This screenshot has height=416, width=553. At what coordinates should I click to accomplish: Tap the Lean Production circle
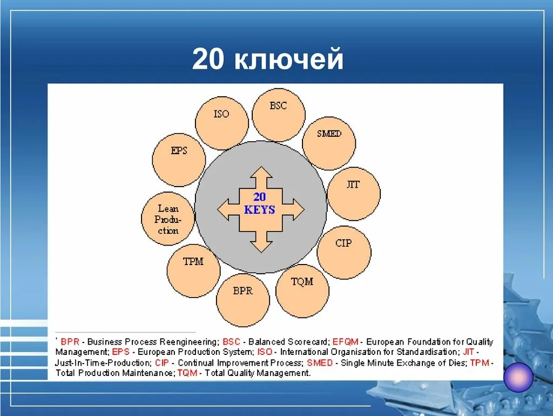pyautogui.click(x=168, y=219)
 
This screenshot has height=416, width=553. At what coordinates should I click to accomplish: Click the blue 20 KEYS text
pyautogui.click(x=260, y=203)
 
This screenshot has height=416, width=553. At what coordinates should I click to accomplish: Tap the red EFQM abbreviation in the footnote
pyautogui.click(x=345, y=342)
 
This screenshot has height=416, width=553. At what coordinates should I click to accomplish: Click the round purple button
pyautogui.click(x=518, y=377)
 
